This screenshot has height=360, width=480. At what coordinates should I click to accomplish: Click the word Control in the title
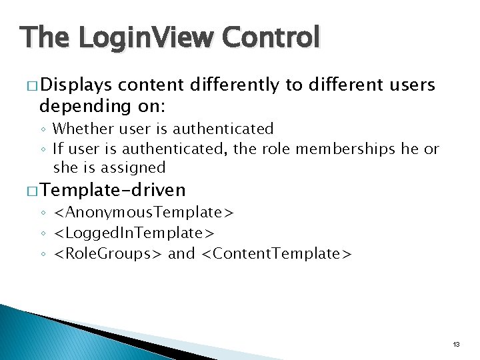point(271,37)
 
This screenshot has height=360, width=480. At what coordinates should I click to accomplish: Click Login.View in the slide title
point(143,37)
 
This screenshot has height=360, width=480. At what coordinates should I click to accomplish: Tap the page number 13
point(456,344)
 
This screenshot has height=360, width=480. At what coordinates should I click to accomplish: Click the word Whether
point(81,128)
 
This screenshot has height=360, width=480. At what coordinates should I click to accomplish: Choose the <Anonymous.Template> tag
point(143,213)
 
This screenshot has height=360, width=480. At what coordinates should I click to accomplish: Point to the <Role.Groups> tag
point(109,253)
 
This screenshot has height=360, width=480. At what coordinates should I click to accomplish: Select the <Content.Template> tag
point(276,253)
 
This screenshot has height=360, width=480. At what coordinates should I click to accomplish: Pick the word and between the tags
point(182,253)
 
